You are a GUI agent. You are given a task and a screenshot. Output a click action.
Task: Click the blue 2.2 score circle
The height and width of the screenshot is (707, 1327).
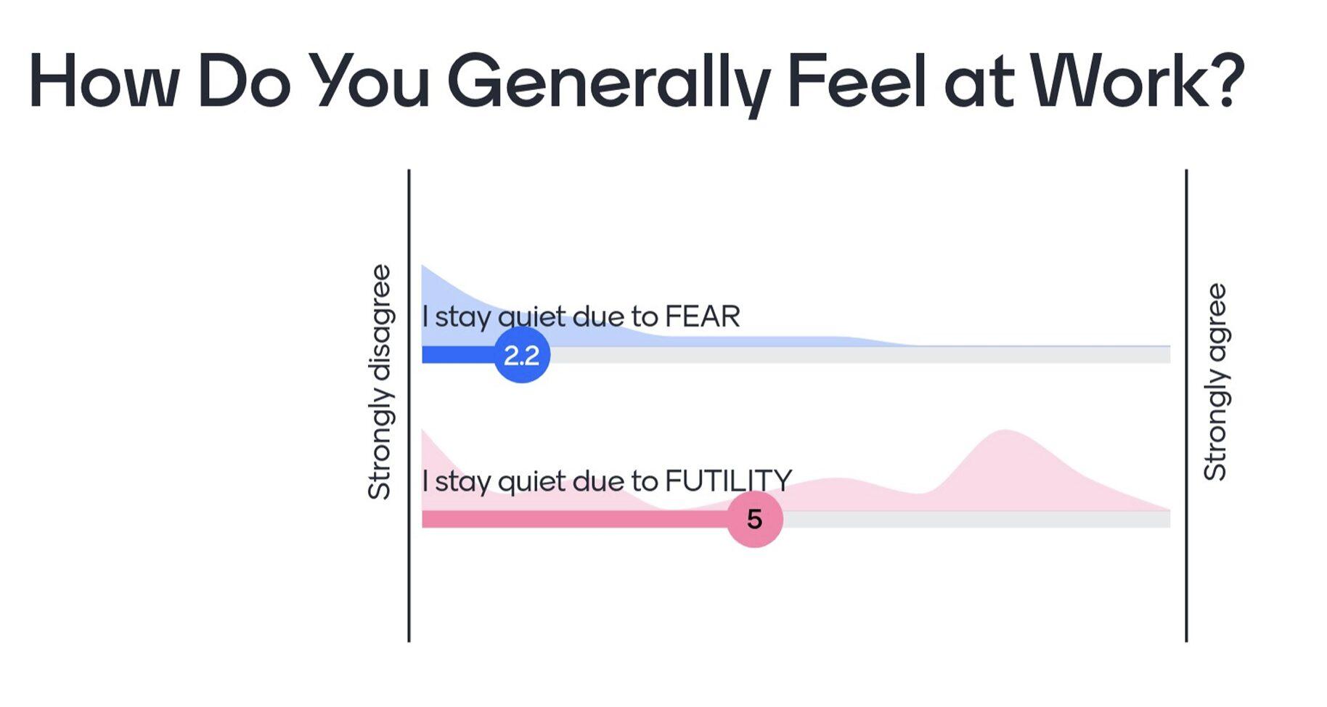[x=522, y=355]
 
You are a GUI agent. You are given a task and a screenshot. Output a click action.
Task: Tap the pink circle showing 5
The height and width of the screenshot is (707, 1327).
[x=755, y=519]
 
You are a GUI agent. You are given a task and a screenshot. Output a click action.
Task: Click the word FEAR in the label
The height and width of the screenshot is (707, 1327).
[x=703, y=316]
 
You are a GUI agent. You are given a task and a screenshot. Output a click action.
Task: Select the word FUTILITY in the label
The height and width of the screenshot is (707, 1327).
[x=728, y=481]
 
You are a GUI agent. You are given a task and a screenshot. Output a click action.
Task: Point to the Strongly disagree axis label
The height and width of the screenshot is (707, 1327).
[x=380, y=382]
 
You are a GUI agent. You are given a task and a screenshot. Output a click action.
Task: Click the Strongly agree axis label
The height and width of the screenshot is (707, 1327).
[x=1215, y=382]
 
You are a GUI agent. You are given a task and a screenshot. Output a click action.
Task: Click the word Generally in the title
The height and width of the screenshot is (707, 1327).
[x=608, y=83]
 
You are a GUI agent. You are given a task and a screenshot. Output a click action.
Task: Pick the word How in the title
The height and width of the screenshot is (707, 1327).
[x=102, y=81]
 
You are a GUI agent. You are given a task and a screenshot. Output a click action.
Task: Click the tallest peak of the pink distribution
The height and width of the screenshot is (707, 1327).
[x=1005, y=430]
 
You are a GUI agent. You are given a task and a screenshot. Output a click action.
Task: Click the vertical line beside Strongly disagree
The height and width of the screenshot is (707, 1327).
[x=409, y=406]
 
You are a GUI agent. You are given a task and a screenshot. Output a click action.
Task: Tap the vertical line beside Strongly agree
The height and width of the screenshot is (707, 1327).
[x=1186, y=406]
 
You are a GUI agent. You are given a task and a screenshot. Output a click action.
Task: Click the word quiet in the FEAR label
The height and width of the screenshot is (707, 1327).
[x=532, y=318]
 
